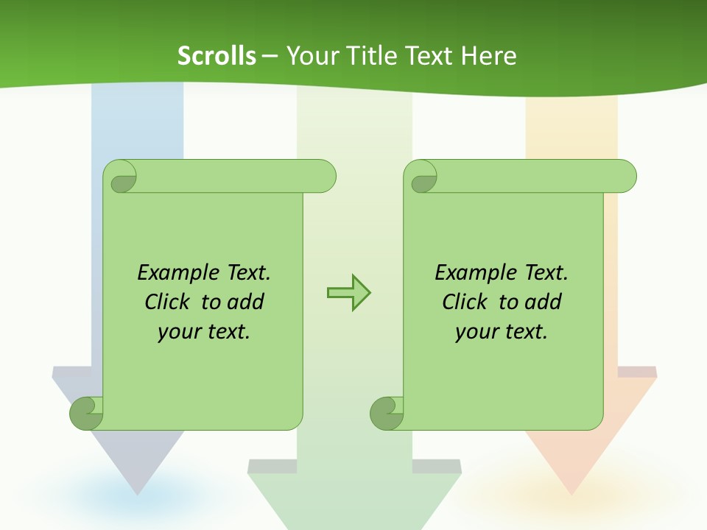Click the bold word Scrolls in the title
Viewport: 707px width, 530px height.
click(x=217, y=56)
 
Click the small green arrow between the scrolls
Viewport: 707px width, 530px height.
click(x=348, y=293)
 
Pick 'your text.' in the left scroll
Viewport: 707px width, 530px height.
click(x=204, y=332)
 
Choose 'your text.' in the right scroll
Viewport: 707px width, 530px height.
click(x=502, y=332)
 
